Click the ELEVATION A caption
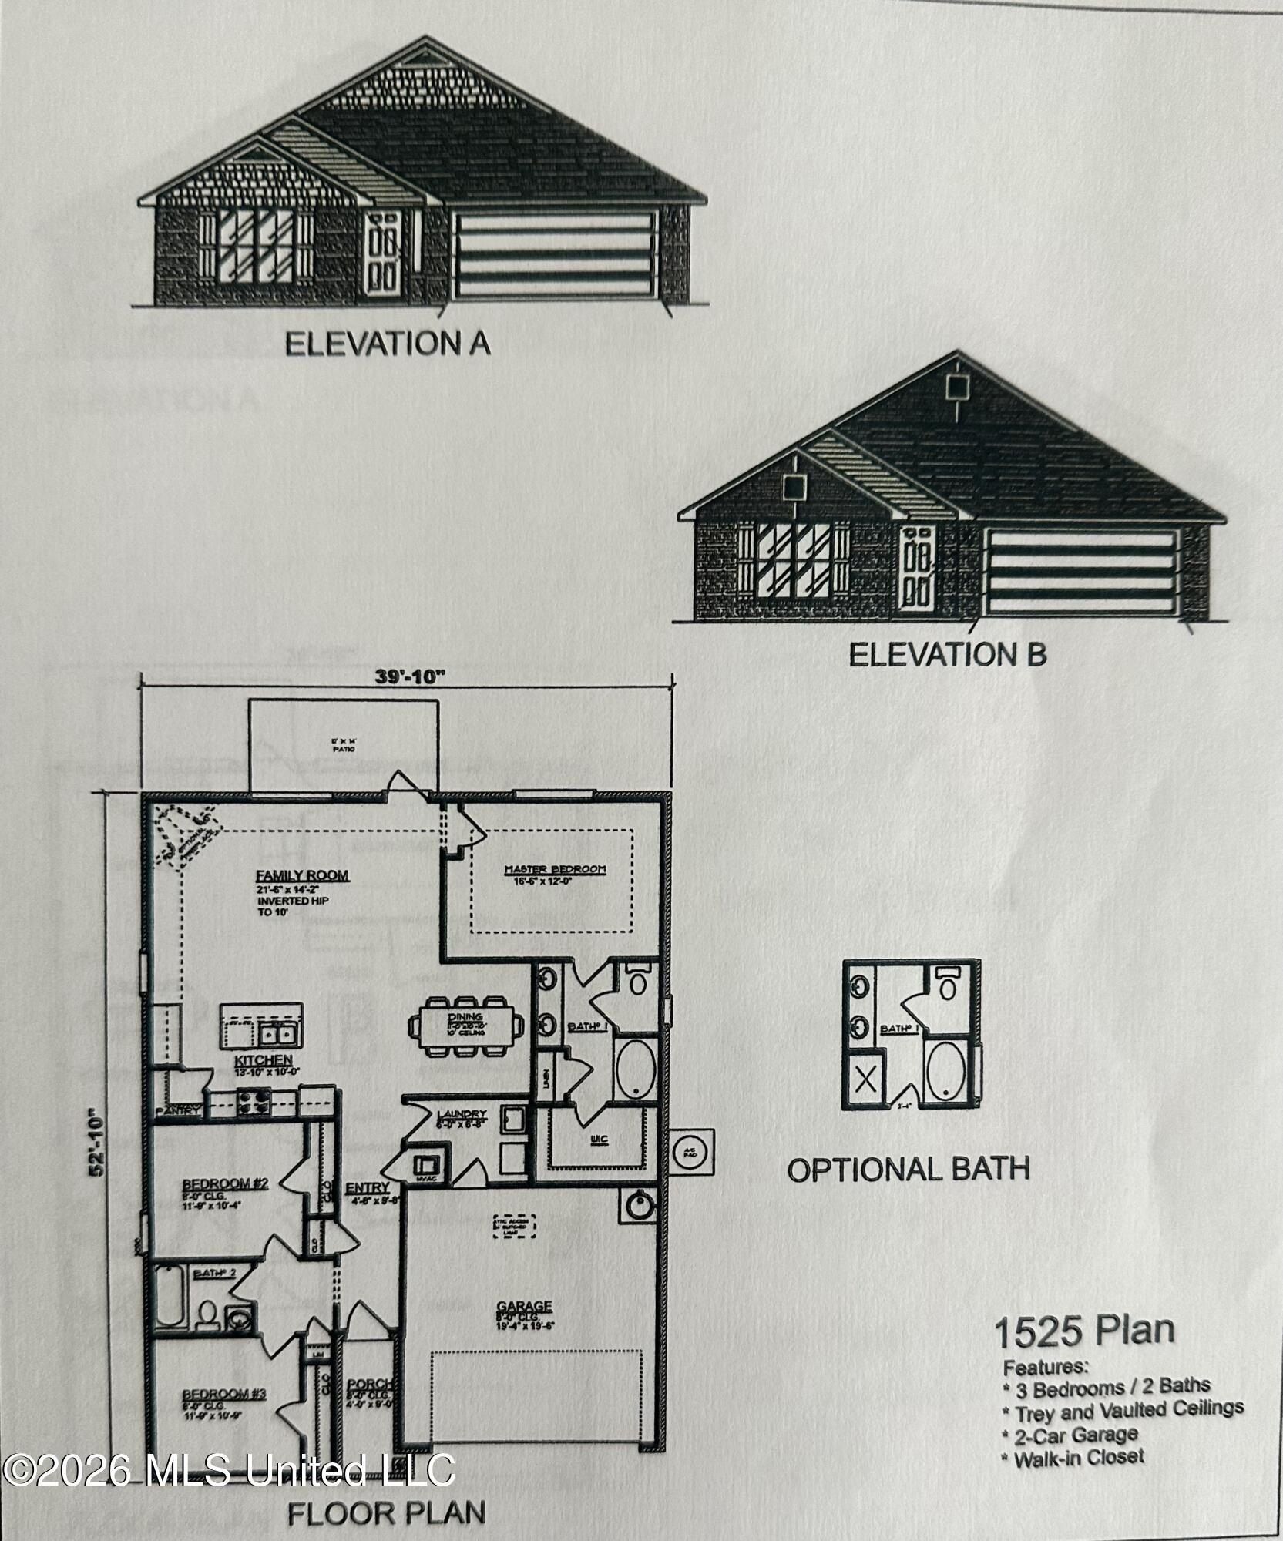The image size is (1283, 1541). (x=388, y=344)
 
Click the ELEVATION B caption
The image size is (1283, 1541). (x=947, y=655)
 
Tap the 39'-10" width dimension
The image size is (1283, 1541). (x=411, y=676)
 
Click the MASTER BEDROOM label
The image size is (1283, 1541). (x=555, y=869)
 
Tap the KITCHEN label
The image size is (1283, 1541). (x=264, y=1061)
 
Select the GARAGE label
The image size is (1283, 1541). (x=524, y=1306)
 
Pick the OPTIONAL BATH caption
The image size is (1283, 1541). (x=908, y=1170)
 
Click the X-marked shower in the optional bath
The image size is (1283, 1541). (x=866, y=1079)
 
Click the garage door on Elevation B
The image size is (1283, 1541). (x=1082, y=571)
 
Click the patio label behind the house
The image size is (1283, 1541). (x=344, y=745)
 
